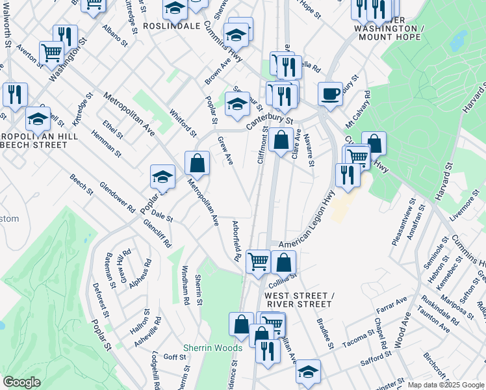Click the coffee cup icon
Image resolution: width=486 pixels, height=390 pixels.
tap(330, 93)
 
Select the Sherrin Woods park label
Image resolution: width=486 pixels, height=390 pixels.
tap(212, 348)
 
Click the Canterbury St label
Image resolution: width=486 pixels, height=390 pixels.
tap(270, 122)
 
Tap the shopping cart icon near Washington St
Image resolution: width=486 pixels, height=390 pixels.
tap(51, 54)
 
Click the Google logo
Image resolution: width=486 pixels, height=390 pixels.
tap(22, 382)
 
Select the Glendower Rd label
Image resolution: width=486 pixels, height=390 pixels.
tap(117, 197)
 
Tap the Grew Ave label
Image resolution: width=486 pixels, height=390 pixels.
tap(225, 150)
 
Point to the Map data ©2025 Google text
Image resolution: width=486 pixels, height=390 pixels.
tap(444, 385)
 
